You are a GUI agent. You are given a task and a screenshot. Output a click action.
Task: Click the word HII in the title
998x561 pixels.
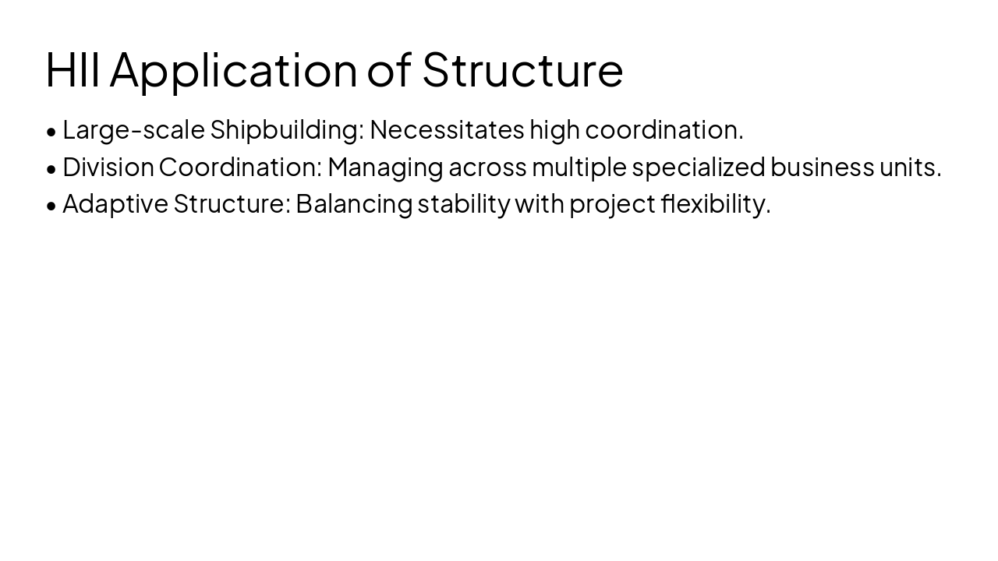(73, 69)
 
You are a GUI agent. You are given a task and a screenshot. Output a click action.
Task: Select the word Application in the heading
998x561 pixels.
(233, 70)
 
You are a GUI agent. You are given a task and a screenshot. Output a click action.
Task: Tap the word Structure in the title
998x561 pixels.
(522, 69)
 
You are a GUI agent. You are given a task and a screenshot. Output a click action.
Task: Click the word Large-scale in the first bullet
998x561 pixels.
(133, 130)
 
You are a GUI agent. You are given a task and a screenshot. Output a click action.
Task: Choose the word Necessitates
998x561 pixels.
(447, 129)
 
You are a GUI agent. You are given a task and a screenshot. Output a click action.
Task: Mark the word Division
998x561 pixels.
(108, 167)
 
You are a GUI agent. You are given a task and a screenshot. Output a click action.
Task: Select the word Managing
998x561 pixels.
(385, 168)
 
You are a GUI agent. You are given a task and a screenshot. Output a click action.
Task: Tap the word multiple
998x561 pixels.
(579, 168)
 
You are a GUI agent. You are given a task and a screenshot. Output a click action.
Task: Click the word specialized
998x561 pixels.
(699, 168)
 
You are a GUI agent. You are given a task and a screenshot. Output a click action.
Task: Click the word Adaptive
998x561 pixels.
(115, 204)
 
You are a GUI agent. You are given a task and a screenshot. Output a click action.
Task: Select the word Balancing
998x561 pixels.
(354, 204)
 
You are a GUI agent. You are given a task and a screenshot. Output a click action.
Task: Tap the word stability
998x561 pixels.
(464, 204)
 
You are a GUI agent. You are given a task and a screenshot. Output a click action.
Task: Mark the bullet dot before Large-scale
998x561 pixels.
(51, 132)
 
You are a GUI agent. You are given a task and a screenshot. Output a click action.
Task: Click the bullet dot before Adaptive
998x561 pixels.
(51, 206)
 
